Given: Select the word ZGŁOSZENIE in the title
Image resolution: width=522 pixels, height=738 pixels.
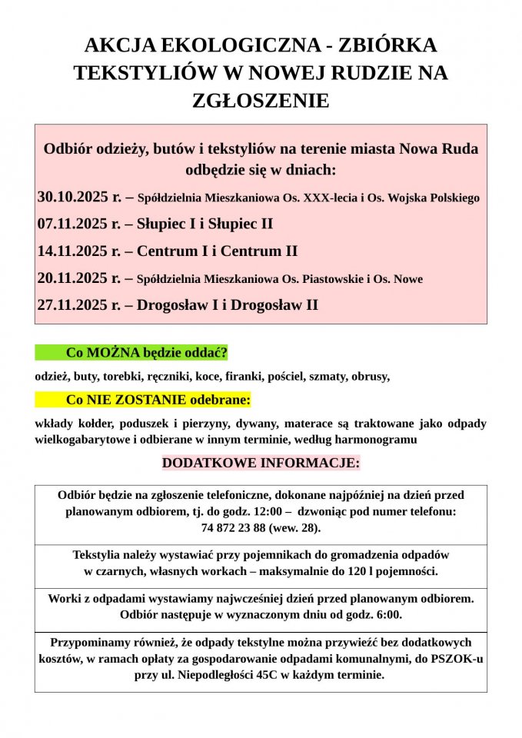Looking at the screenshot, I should pyautogui.click(x=260, y=100).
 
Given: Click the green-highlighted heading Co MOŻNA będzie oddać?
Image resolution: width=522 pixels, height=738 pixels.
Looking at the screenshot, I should pyautogui.click(x=147, y=353).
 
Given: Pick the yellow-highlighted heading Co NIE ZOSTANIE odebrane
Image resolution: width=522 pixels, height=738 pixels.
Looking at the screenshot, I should pyautogui.click(x=158, y=400).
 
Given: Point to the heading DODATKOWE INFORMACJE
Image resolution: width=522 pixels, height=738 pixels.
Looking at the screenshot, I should pyautogui.click(x=261, y=464).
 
